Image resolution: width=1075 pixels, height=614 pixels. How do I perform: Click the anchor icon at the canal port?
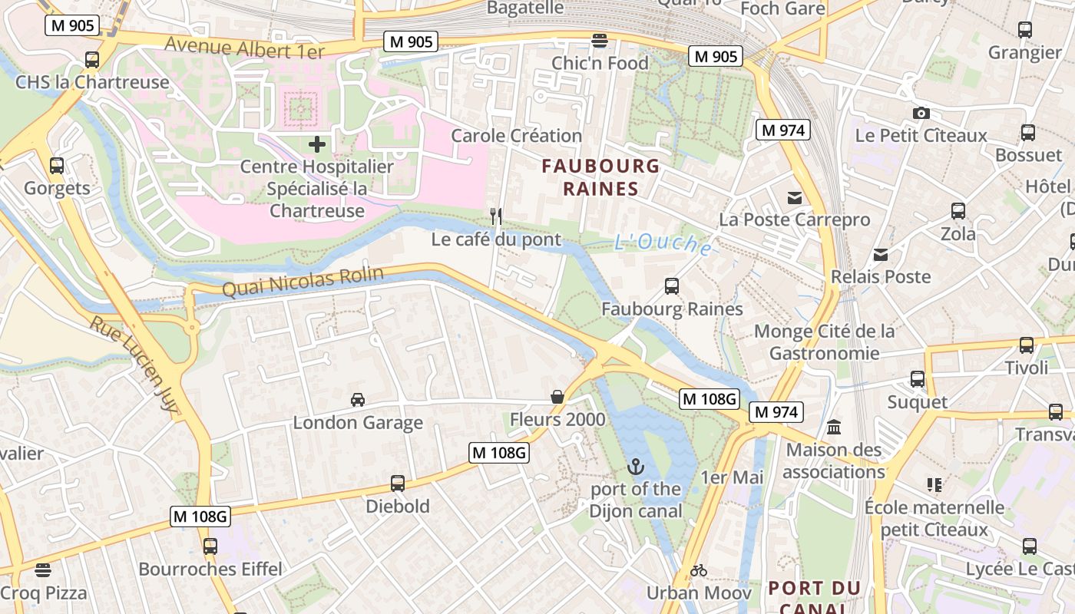[635, 466]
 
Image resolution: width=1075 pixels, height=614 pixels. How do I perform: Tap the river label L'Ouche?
[663, 243]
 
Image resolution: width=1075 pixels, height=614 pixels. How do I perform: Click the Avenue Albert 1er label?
[244, 48]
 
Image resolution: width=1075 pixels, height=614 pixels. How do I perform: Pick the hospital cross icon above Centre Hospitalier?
[316, 144]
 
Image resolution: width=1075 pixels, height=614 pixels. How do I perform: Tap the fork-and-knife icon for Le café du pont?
[496, 216]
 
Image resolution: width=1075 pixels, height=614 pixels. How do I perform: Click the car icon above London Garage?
[358, 399]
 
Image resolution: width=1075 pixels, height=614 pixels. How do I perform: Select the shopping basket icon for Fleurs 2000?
[557, 397]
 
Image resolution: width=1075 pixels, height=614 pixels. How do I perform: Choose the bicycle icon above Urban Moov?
[698, 570]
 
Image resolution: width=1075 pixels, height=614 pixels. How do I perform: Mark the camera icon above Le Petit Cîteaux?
[921, 113]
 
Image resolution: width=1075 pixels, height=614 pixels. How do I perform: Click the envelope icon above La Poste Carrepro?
[795, 197]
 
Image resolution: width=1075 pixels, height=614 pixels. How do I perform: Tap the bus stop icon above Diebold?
[397, 484]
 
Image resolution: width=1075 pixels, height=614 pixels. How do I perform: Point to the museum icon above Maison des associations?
[834, 427]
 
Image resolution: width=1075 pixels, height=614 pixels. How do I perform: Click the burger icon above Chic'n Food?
[600, 40]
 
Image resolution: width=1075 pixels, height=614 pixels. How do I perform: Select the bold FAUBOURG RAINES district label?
[600, 177]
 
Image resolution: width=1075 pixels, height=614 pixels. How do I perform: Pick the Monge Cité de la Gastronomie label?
[825, 342]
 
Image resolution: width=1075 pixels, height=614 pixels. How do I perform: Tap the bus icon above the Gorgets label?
[57, 165]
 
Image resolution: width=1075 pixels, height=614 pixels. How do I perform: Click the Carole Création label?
[516, 136]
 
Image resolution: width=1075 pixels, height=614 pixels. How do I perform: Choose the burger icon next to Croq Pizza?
[43, 569]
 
